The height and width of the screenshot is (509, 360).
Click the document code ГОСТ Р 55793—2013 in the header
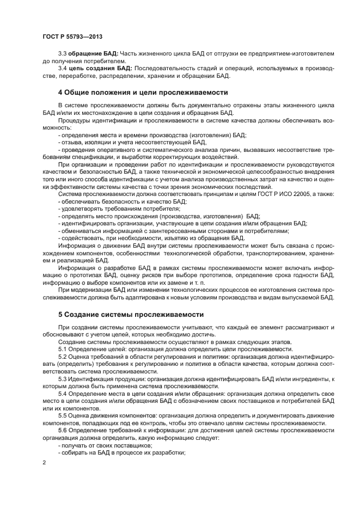point(72,36)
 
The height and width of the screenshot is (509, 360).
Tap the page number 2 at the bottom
point(44,462)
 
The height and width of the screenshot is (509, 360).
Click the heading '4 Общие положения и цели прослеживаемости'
point(143,91)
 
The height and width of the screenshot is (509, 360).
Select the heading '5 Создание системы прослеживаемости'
point(131,314)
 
